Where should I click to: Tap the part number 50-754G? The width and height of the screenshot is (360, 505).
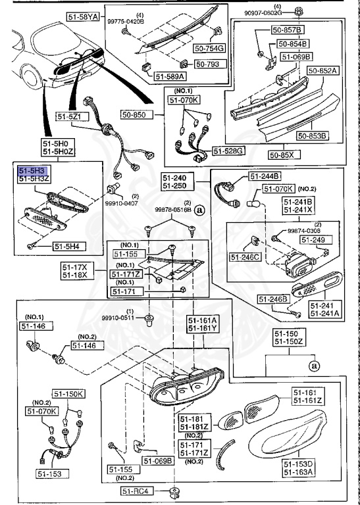(209, 47)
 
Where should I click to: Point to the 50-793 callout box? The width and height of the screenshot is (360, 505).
(210, 64)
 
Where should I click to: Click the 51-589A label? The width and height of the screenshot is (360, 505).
(171, 77)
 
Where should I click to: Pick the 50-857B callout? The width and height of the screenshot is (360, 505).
(289, 30)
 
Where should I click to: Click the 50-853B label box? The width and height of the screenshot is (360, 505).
(312, 136)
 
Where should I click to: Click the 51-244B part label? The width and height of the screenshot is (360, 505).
(265, 176)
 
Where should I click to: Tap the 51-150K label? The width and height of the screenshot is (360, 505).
(69, 394)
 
